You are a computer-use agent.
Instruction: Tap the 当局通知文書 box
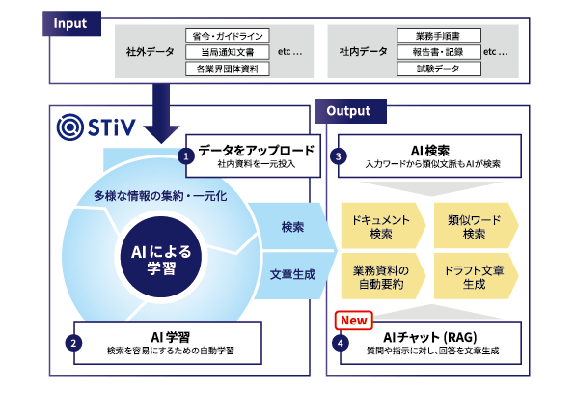(226, 52)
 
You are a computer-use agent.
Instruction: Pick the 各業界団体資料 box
(226, 69)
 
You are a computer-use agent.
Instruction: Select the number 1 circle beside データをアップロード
(188, 155)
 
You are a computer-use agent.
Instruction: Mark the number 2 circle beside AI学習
(72, 341)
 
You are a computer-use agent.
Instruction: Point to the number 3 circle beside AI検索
(339, 155)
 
